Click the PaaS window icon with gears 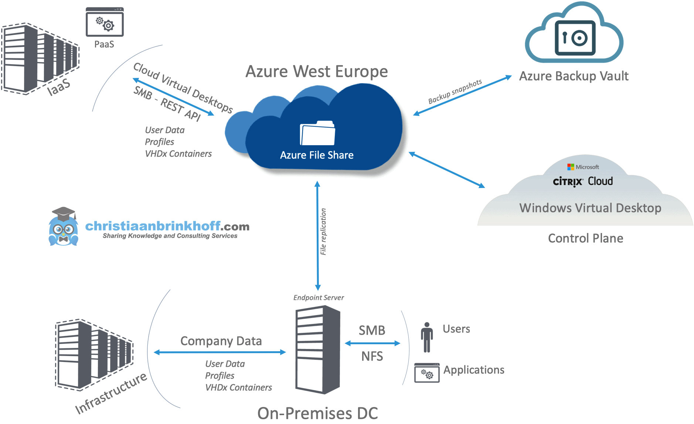coord(105,23)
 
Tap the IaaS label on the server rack coord(59,87)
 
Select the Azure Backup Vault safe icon coord(575,38)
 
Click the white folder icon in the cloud coord(317,133)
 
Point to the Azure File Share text coord(317,155)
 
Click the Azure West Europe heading coord(317,71)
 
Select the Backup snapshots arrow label coord(455,91)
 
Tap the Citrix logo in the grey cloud coord(568,182)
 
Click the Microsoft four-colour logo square coord(571,167)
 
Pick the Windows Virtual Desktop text coord(590,208)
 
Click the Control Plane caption coord(585,238)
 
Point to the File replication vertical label coord(323,232)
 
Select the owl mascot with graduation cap coord(63,227)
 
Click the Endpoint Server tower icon coord(317,349)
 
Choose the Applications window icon coord(427,373)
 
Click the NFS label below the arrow coord(372,356)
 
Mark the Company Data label coord(221,341)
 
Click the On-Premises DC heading coord(317,413)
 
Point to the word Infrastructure coord(111,394)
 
